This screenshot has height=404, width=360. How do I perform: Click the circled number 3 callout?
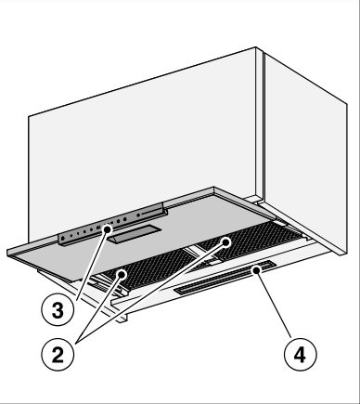(x=58, y=310)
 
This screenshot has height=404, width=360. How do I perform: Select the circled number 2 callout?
(x=58, y=354)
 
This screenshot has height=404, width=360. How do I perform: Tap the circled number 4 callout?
(x=300, y=354)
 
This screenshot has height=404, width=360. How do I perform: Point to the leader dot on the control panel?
(x=107, y=229)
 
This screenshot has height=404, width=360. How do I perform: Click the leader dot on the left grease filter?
(x=122, y=274)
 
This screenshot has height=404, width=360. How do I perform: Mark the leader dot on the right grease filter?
(x=226, y=242)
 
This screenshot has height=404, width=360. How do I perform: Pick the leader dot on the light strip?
(x=256, y=270)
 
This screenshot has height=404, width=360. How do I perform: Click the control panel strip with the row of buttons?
(x=112, y=225)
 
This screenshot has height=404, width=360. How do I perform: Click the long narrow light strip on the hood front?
(x=225, y=277)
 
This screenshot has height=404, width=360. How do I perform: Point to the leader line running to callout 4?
(x=274, y=304)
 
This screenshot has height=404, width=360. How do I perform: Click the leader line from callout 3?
(x=92, y=265)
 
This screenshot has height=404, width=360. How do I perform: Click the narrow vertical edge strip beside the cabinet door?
(x=259, y=124)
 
